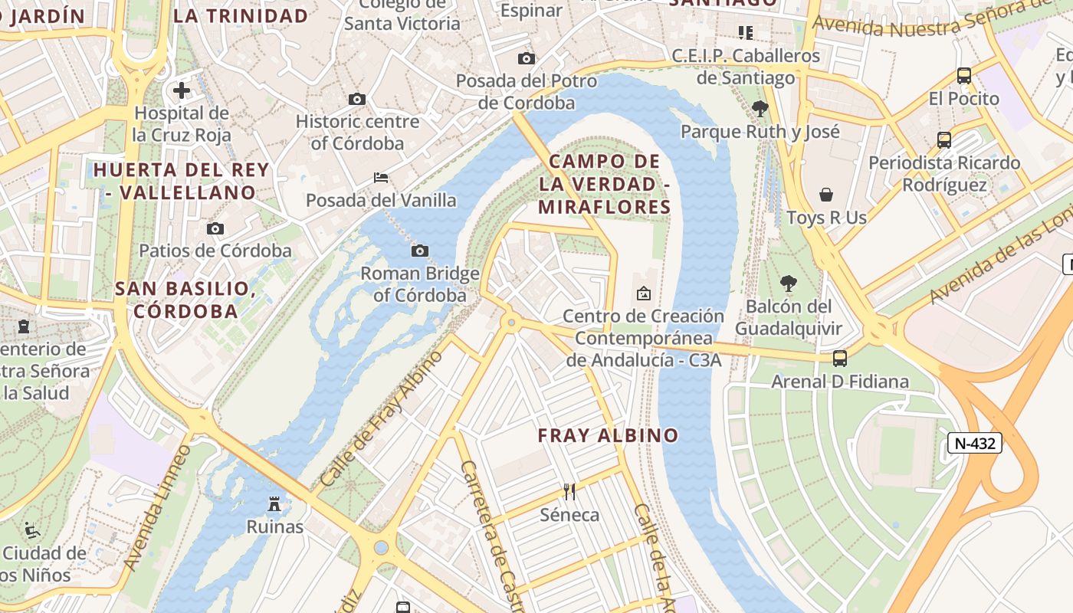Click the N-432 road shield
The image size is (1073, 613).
click(974, 443)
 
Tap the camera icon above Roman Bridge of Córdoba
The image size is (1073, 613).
click(419, 251)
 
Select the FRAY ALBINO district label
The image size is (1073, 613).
click(608, 435)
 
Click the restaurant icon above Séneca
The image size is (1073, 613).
click(569, 491)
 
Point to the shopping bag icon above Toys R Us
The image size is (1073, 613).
click(826, 195)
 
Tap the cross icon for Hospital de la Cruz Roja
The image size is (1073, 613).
click(182, 90)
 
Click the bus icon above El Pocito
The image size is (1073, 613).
click(964, 76)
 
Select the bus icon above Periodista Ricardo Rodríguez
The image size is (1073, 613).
click(944, 140)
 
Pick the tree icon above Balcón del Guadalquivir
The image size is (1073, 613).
click(788, 284)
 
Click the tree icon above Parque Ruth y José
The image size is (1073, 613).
click(760, 109)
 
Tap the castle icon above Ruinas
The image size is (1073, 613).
click(274, 503)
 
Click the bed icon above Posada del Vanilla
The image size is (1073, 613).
click(381, 178)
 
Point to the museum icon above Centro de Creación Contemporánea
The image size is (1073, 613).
click(644, 293)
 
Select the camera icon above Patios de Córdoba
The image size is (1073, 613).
click(215, 228)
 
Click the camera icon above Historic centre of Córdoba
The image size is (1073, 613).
click(356, 99)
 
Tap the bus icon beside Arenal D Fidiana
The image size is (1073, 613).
click(840, 358)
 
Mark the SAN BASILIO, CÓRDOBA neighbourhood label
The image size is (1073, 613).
click(185, 300)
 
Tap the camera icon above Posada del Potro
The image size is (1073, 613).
click(526, 58)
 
